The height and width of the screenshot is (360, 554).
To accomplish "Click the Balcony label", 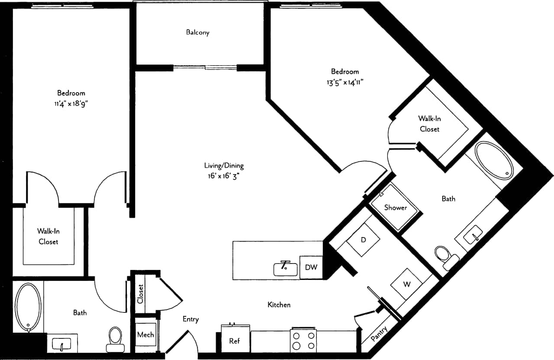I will click(197, 32).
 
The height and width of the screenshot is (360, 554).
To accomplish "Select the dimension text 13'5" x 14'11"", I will click(345, 82).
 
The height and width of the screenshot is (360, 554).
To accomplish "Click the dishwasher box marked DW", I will click(311, 267).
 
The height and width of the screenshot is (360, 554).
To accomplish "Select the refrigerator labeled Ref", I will click(234, 341).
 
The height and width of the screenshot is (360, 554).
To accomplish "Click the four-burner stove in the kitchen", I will click(304, 341).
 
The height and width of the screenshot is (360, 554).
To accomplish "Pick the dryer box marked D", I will click(363, 240).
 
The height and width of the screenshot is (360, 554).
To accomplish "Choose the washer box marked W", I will click(406, 284).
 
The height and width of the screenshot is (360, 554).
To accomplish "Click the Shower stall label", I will click(395, 208).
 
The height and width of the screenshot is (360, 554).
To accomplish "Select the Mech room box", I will click(145, 334).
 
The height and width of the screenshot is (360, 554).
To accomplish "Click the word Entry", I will click(190, 319).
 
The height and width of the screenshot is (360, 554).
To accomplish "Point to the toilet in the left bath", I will click(115, 338).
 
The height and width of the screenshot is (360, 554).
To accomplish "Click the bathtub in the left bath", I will click(28, 307).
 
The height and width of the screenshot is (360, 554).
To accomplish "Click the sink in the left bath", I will click(62, 344).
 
